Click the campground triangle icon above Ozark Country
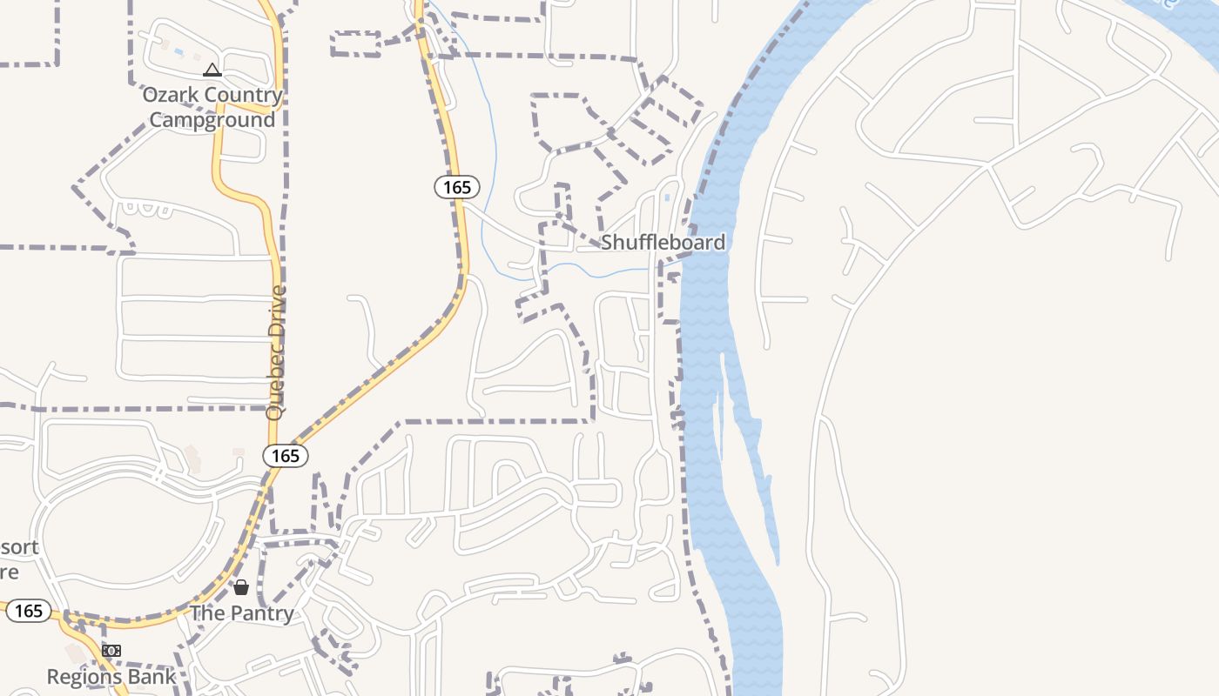[x=212, y=70]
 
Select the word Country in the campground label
[x=245, y=95]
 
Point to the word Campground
[x=212, y=119]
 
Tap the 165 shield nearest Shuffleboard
[x=457, y=187]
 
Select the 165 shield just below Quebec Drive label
[x=286, y=455]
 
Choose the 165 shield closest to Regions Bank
[x=29, y=611]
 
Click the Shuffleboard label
[x=663, y=242]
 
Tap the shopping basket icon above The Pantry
[x=241, y=587]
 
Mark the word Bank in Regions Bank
[x=156, y=676]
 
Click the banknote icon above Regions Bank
[x=111, y=651]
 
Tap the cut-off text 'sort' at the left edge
[x=19, y=547]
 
